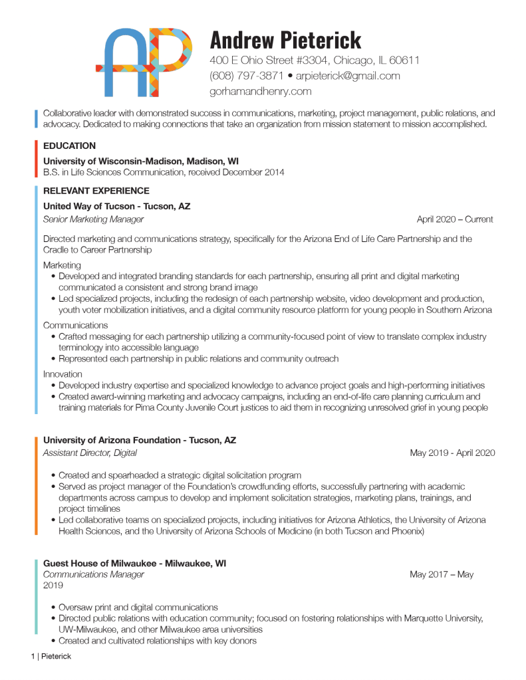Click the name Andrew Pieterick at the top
click(285, 40)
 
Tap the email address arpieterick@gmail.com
click(348, 76)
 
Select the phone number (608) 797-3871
click(247, 76)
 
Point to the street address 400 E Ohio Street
click(265, 60)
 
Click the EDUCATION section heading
click(69, 146)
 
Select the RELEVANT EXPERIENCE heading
click(96, 191)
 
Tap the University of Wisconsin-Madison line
click(141, 161)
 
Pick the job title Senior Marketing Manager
click(93, 219)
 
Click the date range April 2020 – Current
click(455, 219)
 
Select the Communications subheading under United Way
click(75, 326)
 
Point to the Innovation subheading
click(63, 374)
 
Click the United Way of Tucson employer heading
click(116, 207)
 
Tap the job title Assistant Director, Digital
click(90, 453)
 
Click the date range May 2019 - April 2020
click(452, 453)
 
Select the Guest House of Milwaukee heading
click(134, 563)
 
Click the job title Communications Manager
click(93, 575)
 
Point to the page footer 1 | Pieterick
click(51, 657)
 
